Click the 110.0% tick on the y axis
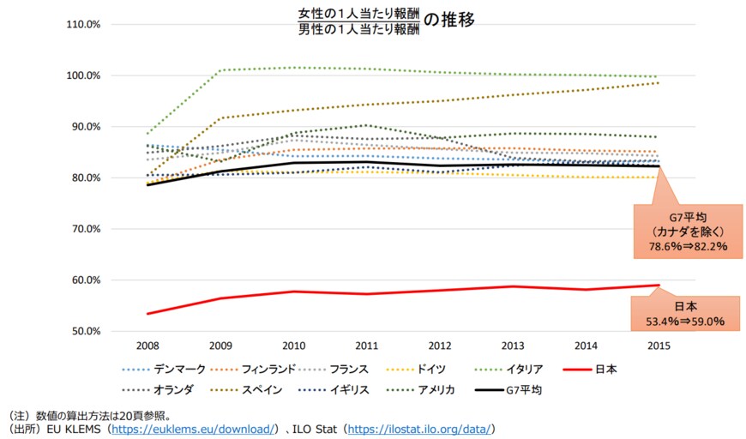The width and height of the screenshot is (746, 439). click(84, 25)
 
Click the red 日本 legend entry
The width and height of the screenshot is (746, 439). click(604, 370)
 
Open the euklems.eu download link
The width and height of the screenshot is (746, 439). click(194, 428)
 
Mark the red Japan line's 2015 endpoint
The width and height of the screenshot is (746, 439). click(658, 286)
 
